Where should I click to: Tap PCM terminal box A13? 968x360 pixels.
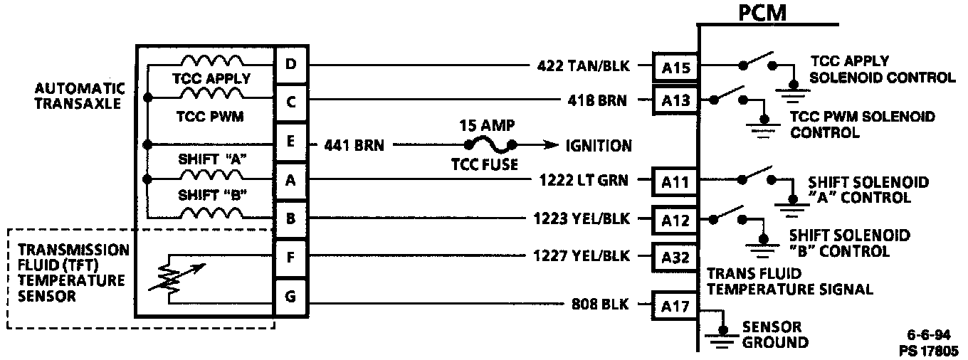675,100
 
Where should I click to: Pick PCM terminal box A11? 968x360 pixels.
675,181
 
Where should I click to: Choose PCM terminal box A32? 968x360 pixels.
675,257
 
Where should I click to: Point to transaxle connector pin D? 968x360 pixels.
290,65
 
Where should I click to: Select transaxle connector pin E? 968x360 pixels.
290,142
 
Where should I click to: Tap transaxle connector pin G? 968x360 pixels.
290,296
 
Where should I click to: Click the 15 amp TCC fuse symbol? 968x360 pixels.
491,146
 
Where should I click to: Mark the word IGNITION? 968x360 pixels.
598,146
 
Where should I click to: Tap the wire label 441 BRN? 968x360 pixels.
354,146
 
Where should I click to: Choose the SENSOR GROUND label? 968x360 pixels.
774,335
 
